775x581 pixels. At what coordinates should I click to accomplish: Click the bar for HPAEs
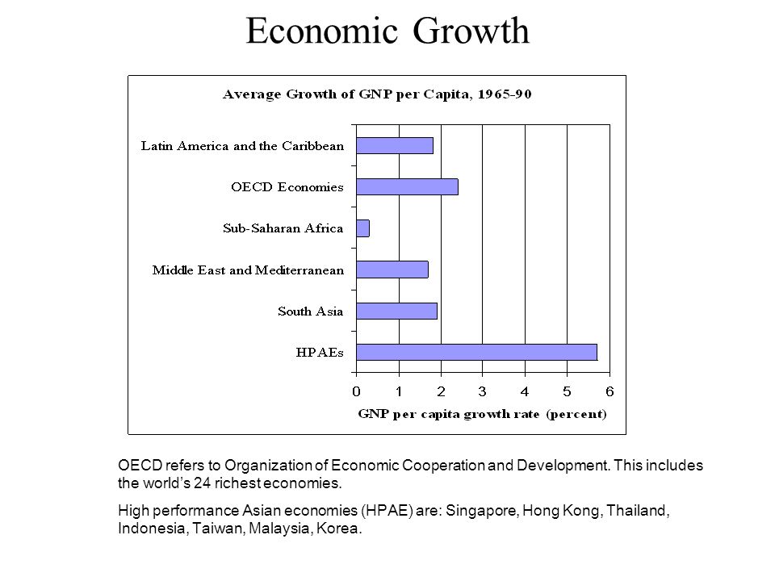(476, 352)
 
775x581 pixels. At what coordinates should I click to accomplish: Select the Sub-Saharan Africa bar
(362, 228)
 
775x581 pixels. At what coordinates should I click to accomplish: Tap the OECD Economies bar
(407, 186)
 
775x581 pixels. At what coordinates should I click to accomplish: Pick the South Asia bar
(396, 311)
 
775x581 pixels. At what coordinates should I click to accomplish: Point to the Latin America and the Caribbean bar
(394, 145)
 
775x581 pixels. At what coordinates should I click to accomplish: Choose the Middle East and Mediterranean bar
(392, 270)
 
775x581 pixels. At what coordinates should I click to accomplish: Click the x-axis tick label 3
(483, 391)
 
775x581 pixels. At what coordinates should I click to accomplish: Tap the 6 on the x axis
(610, 391)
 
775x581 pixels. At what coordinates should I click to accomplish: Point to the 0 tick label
(356, 391)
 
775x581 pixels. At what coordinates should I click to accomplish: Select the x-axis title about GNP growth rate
(482, 416)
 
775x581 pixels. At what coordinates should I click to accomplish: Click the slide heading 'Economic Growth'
(387, 31)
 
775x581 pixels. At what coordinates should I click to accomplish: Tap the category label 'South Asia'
(311, 311)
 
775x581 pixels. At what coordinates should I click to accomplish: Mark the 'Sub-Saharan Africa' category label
(283, 228)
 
